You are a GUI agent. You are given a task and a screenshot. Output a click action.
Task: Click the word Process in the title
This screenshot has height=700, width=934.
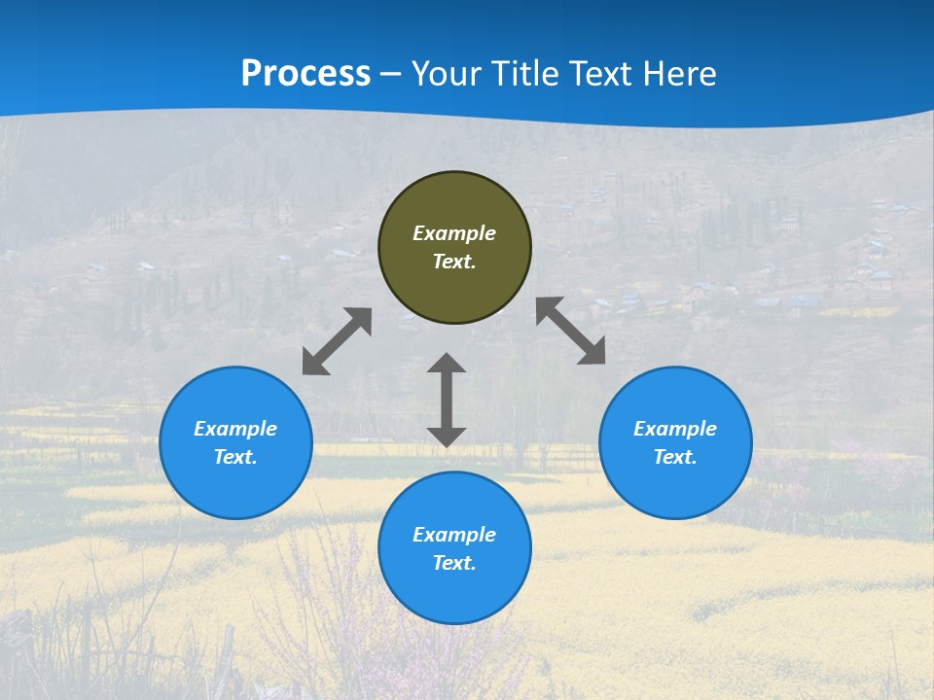coord(305,74)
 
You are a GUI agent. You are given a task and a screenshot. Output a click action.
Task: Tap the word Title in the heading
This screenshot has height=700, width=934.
coord(524,74)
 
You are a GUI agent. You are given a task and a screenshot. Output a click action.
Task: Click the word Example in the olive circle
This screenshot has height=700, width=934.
coord(454,233)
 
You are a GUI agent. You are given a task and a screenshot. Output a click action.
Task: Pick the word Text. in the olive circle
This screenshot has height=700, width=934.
coord(454,262)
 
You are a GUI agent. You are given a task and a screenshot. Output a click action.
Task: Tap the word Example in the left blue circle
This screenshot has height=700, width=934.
coord(235,429)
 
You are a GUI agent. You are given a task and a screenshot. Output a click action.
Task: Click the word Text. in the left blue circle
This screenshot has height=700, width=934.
coord(235,457)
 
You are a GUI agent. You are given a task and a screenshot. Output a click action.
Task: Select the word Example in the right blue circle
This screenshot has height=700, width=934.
coord(675,429)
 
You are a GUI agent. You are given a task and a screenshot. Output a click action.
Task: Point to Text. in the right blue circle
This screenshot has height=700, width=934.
coord(675,457)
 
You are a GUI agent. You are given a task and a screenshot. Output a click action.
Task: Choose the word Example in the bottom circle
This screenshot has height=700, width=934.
coord(454,535)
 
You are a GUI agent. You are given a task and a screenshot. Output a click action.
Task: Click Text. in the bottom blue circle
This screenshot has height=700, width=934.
coord(454,563)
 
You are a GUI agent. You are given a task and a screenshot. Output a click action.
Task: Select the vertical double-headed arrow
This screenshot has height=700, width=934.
coord(447,400)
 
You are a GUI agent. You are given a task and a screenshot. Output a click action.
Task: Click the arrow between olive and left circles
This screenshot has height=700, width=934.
coord(337,341)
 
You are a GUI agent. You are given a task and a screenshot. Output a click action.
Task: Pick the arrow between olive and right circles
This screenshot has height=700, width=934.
coord(570,331)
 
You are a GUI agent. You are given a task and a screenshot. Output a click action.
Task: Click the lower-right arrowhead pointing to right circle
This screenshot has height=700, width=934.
coord(593,352)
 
